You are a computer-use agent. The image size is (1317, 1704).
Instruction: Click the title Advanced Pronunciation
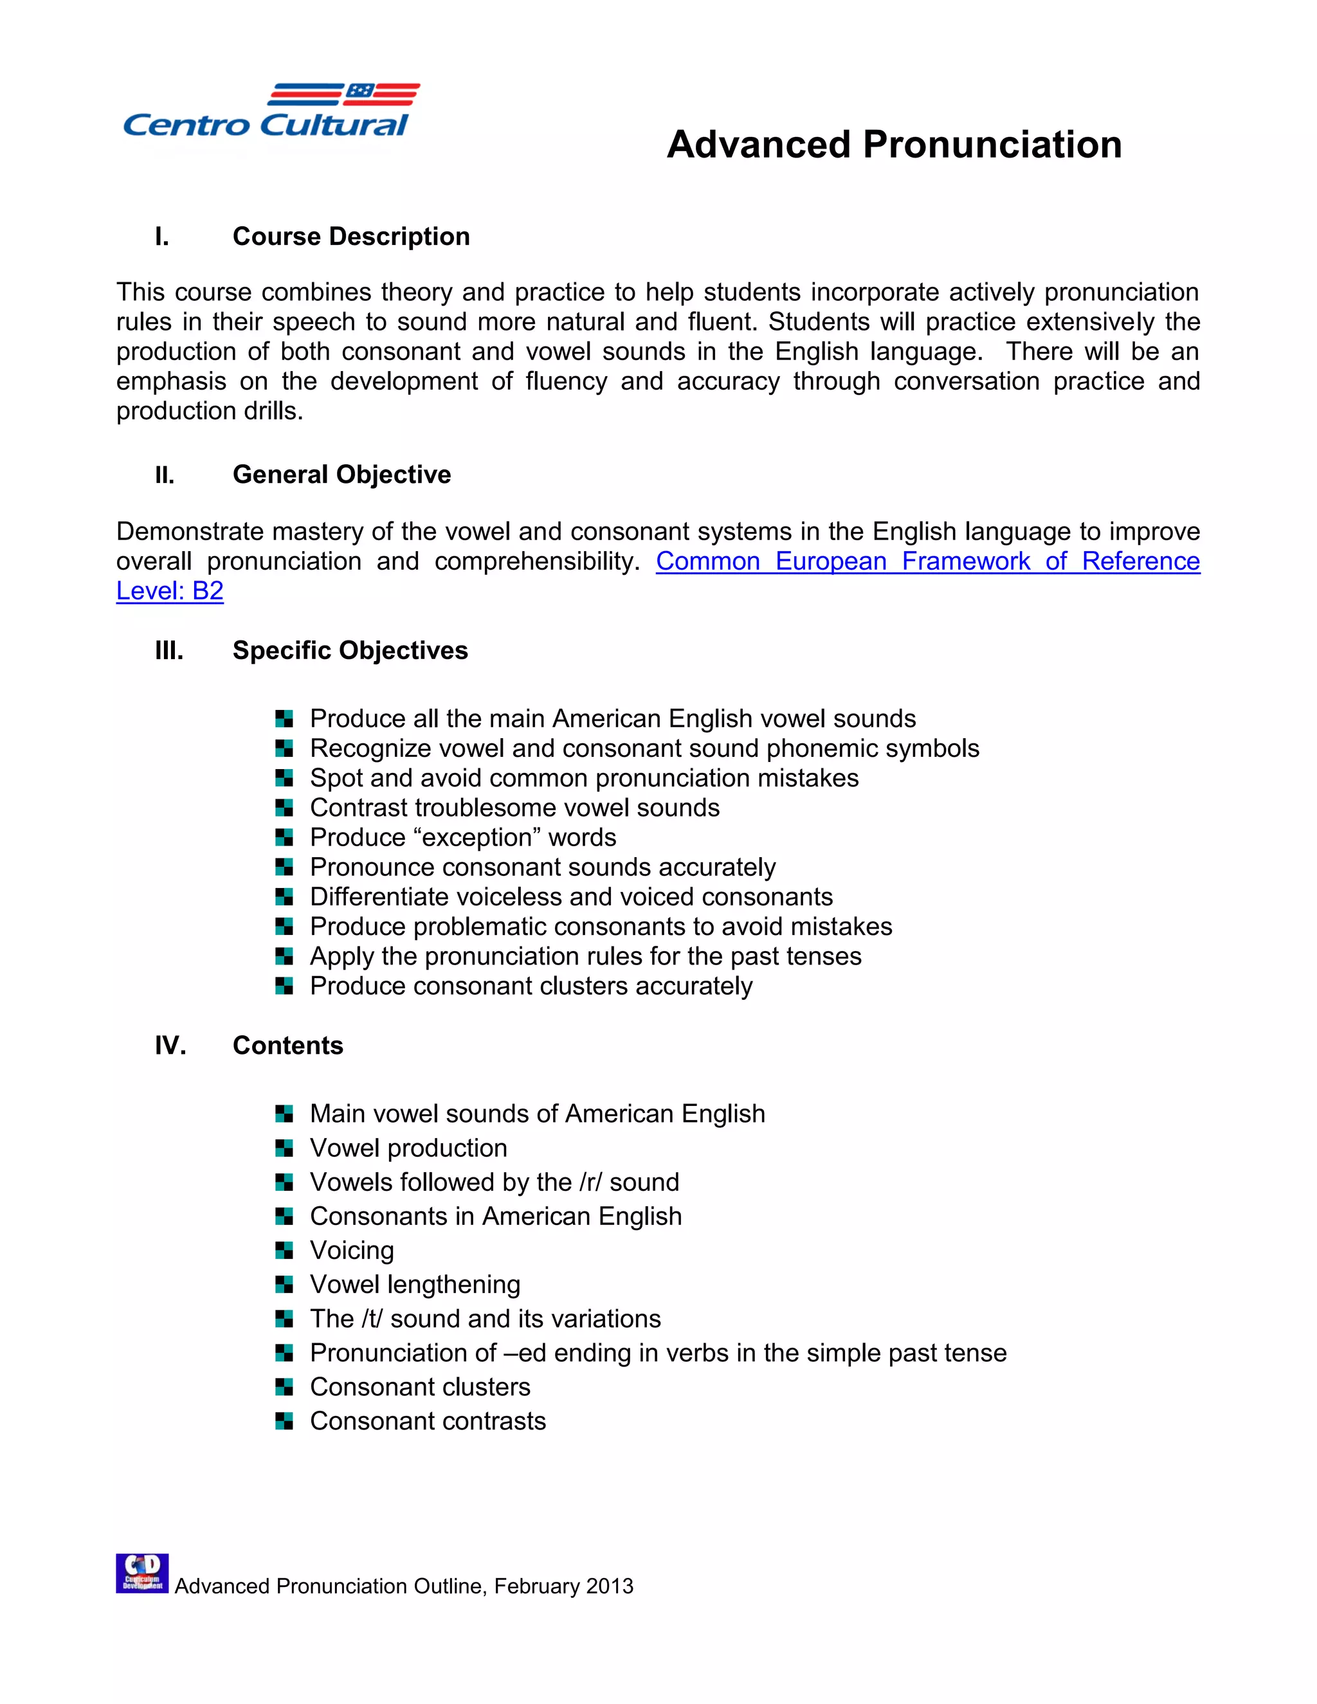894,145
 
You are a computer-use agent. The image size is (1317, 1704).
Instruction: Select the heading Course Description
351,237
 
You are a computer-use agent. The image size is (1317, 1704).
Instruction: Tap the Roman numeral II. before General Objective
165,475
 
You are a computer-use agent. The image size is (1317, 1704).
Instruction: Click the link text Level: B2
170,591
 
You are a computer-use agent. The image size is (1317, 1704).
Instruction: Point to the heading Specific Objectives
350,651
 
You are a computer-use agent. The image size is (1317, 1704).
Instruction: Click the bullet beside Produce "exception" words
284,838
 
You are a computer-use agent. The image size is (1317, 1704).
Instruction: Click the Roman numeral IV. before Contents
170,1046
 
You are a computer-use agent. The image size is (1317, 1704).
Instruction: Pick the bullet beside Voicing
284,1251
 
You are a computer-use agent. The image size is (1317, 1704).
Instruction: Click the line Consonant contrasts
428,1421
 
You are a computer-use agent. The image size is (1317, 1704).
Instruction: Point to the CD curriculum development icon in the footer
142,1573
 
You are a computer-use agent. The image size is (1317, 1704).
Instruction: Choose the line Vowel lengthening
415,1284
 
